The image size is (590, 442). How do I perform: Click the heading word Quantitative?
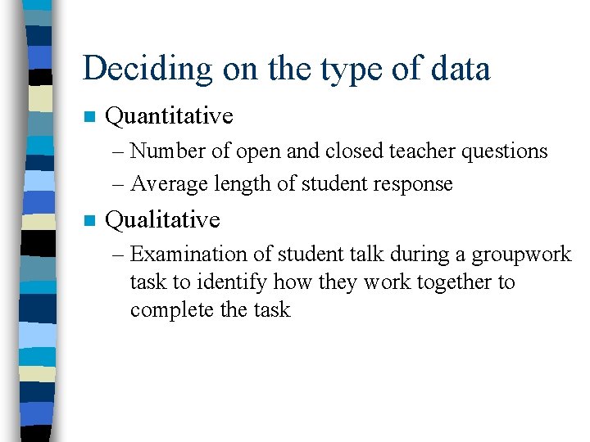[170, 116]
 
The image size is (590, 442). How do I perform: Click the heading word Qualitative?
[163, 219]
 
